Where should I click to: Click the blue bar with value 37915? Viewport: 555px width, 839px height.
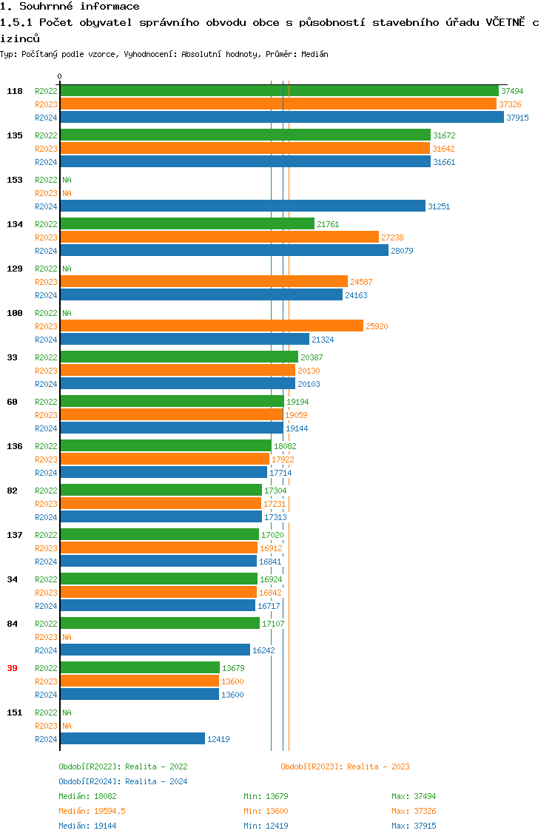(x=281, y=118)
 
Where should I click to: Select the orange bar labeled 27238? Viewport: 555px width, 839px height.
(x=219, y=237)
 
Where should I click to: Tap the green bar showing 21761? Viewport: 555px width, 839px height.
(x=187, y=224)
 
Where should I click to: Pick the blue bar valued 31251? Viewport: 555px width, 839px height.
(x=243, y=206)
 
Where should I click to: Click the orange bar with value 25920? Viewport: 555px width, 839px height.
(x=212, y=326)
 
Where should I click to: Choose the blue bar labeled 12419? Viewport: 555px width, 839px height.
(x=132, y=739)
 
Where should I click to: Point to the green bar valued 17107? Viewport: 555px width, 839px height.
(x=160, y=624)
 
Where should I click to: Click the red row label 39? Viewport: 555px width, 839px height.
(x=12, y=668)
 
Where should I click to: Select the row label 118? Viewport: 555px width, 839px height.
(x=15, y=91)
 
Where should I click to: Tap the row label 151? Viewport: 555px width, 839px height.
(x=15, y=712)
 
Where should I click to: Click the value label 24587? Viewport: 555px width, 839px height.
(x=362, y=282)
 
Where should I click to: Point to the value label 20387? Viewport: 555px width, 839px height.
(x=312, y=357)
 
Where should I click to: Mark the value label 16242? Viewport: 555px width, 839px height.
(x=264, y=650)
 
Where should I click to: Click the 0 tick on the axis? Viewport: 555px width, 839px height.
(x=60, y=76)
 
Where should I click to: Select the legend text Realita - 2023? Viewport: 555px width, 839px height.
(x=378, y=766)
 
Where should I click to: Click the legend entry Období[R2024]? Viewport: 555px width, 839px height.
(x=90, y=781)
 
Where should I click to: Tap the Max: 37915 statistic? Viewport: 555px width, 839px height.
(x=414, y=826)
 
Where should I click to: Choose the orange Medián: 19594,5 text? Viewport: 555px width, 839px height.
(x=92, y=811)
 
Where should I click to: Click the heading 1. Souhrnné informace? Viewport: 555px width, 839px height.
(x=70, y=7)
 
